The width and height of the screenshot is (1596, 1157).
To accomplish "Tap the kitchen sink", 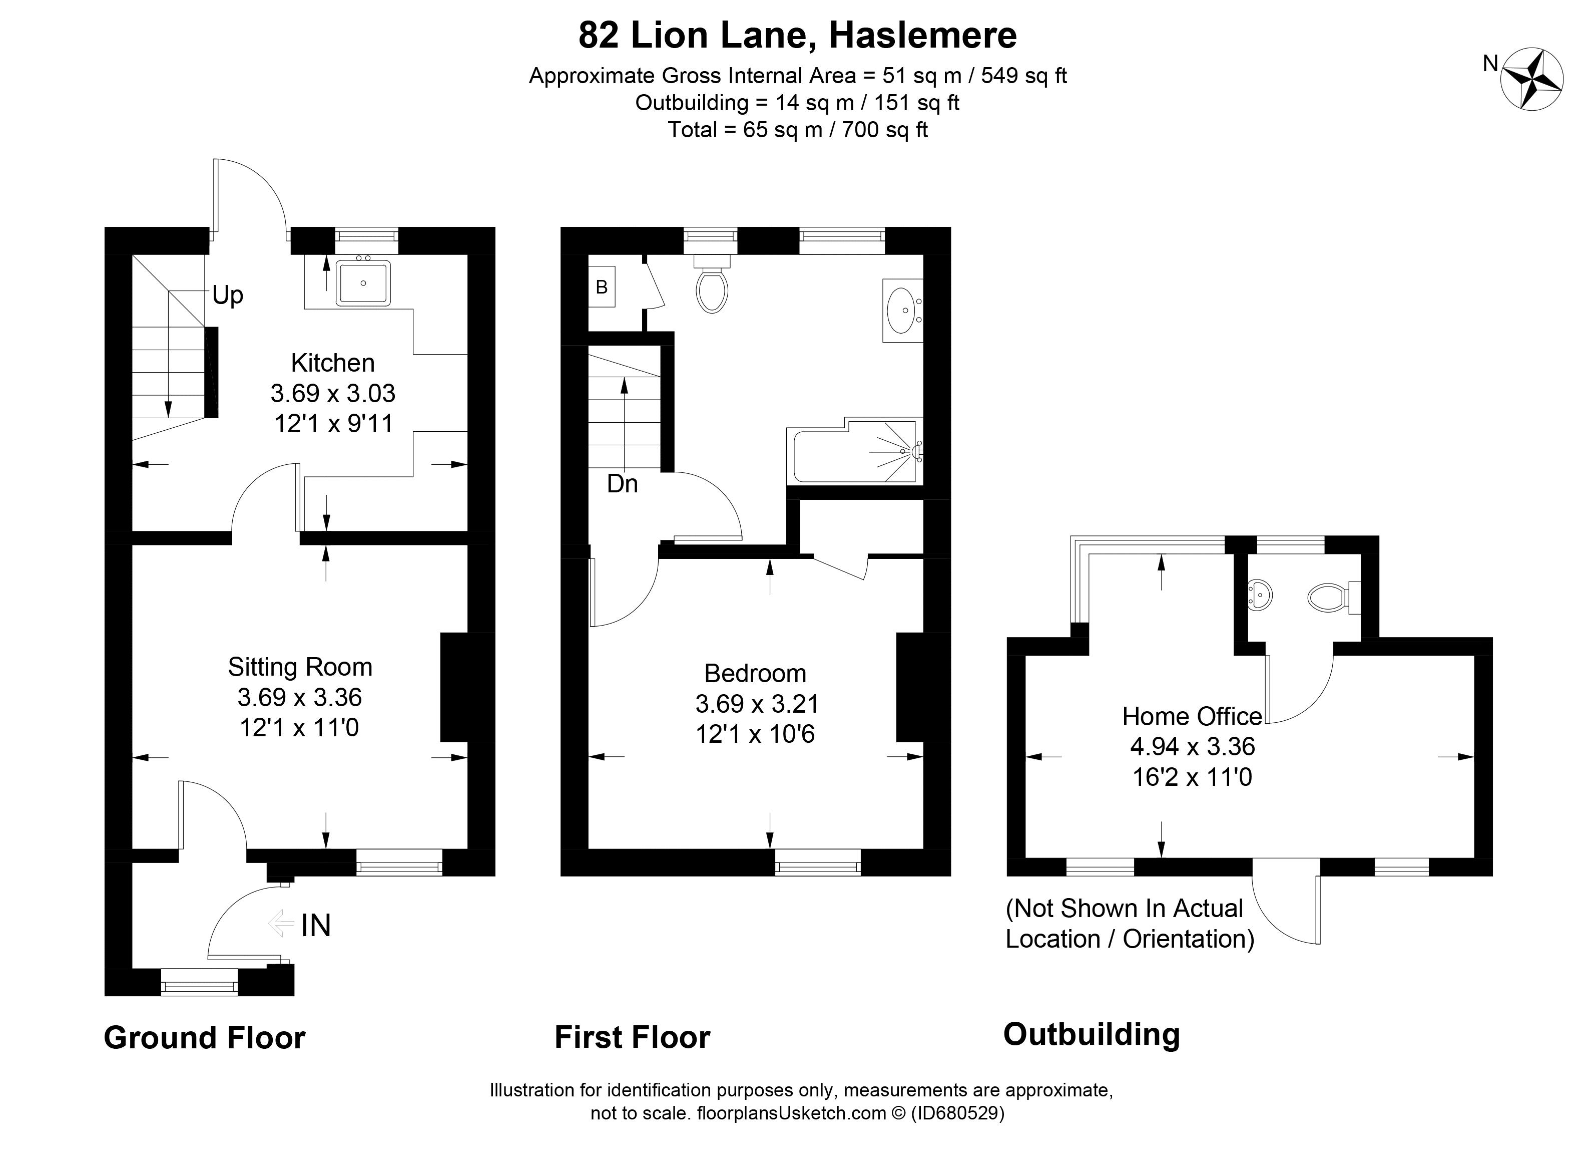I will tap(363, 283).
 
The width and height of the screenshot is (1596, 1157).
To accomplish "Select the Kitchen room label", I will tap(333, 363).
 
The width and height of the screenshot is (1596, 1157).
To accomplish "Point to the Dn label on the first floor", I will tap(622, 484).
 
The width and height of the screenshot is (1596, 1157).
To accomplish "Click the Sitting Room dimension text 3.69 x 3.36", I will tap(300, 698).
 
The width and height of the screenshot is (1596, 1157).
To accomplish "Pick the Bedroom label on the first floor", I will tap(755, 674).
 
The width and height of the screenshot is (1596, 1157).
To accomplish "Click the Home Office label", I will tap(1192, 717).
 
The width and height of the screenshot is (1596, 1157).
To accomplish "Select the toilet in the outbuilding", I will tap(1326, 599).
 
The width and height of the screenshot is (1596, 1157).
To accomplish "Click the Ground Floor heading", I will tap(204, 1038).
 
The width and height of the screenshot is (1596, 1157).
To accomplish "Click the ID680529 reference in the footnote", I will tap(958, 1113).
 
